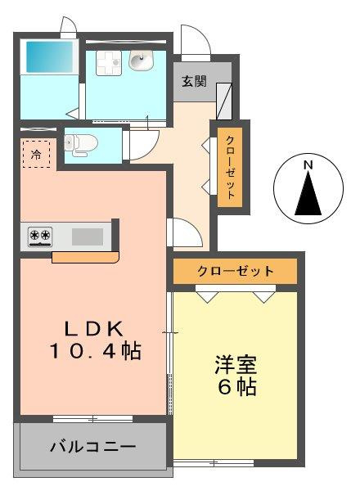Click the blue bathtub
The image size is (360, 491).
point(49,56)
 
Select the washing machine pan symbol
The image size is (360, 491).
point(109,63)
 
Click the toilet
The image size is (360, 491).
point(80,145)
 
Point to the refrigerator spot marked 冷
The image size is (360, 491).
point(36,154)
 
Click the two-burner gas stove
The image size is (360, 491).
point(40,236)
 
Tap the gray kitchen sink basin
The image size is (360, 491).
point(88,236)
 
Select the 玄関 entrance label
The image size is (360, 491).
point(194,81)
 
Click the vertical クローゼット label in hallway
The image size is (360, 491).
point(231,168)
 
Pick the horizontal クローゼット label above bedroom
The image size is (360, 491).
point(235,271)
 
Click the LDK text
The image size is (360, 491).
point(94,329)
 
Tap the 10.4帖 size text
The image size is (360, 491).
point(95,351)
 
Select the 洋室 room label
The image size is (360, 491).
point(236,365)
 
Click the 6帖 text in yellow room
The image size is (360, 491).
point(237,387)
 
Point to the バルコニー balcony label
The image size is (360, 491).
point(93,446)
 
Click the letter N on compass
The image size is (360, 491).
point(308,165)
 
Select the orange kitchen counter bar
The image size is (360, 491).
point(85,258)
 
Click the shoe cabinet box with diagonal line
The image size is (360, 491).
point(224,101)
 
